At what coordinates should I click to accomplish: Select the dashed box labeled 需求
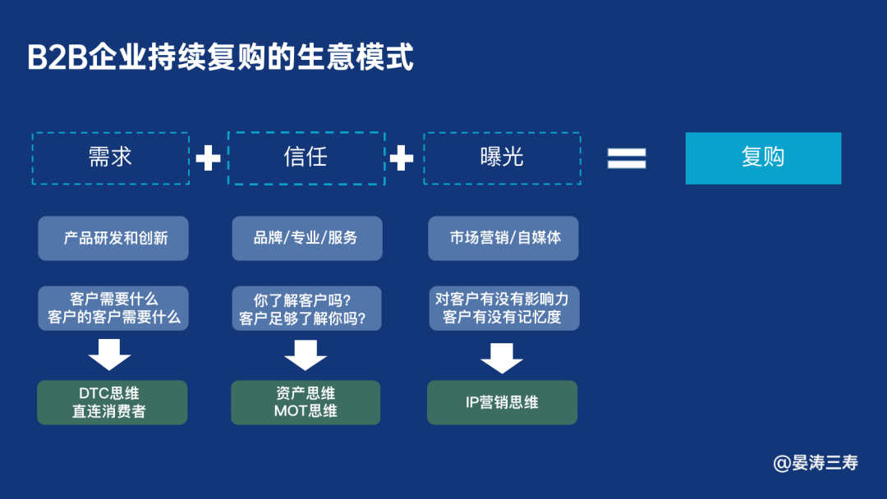(111, 158)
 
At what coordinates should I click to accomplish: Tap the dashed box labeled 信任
(306, 158)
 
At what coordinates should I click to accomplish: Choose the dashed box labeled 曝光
(502, 158)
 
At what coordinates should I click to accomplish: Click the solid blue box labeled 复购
(763, 158)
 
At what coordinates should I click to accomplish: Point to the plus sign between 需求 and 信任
(208, 158)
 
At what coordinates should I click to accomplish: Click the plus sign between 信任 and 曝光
(402, 158)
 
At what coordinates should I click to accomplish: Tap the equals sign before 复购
(627, 158)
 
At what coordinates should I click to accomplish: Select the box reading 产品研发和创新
(114, 238)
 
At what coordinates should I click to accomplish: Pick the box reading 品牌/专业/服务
(306, 238)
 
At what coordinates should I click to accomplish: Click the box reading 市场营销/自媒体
(503, 238)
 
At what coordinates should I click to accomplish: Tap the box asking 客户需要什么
(114, 309)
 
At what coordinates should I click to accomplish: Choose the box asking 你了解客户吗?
(306, 309)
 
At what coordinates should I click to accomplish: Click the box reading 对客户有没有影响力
(503, 309)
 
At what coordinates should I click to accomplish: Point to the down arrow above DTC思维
(110, 355)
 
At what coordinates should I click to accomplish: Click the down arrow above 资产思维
(306, 355)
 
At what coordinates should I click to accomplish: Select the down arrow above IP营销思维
(502, 357)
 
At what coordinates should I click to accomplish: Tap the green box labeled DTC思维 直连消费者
(113, 402)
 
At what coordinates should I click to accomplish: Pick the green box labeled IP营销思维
(502, 402)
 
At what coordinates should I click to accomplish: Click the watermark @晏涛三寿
(816, 463)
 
